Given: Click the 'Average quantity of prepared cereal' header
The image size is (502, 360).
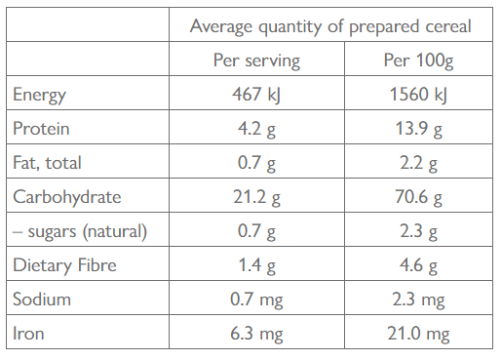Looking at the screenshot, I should (x=330, y=26).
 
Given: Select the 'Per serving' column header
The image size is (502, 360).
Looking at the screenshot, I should (x=256, y=61).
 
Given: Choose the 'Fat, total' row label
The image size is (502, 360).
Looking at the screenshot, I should (x=47, y=163).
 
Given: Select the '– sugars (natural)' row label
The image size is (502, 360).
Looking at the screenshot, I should (x=80, y=231).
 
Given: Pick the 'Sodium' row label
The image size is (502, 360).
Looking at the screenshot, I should (x=41, y=300).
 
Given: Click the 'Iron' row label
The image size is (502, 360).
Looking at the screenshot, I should (x=28, y=334).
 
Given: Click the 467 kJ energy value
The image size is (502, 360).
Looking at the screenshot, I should (x=256, y=95).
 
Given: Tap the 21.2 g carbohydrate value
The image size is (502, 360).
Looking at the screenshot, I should (x=256, y=197).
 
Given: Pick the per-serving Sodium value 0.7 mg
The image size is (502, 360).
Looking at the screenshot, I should (x=256, y=300).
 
